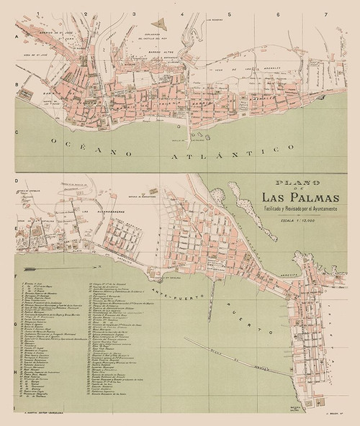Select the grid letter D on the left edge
(x=15, y=181)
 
